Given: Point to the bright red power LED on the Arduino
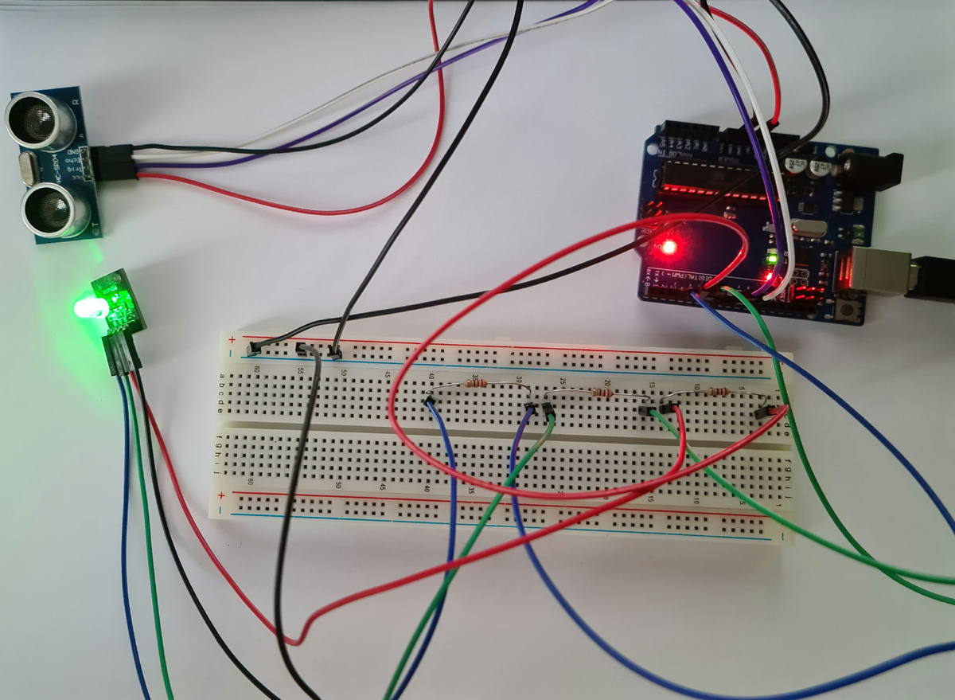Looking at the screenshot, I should click(x=668, y=247).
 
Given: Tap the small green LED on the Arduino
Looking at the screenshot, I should click(x=770, y=258).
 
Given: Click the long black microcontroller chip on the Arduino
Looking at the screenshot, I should click(x=700, y=175).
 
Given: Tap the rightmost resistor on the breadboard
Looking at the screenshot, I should click(x=717, y=392).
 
